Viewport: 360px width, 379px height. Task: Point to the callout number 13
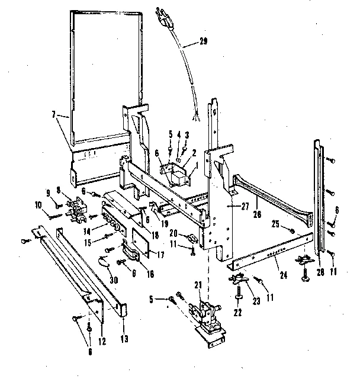tap(124, 325)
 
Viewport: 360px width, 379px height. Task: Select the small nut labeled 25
tap(291, 229)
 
